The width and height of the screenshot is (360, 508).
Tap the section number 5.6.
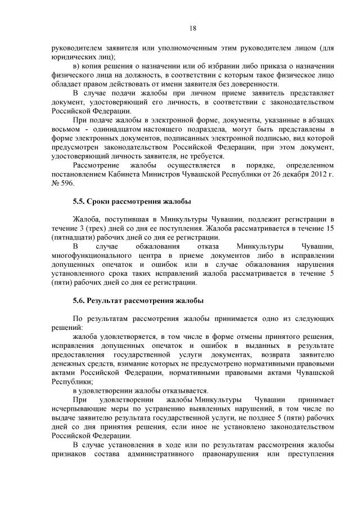pos(81,301)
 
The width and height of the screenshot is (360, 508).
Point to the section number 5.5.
pos(81,201)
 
